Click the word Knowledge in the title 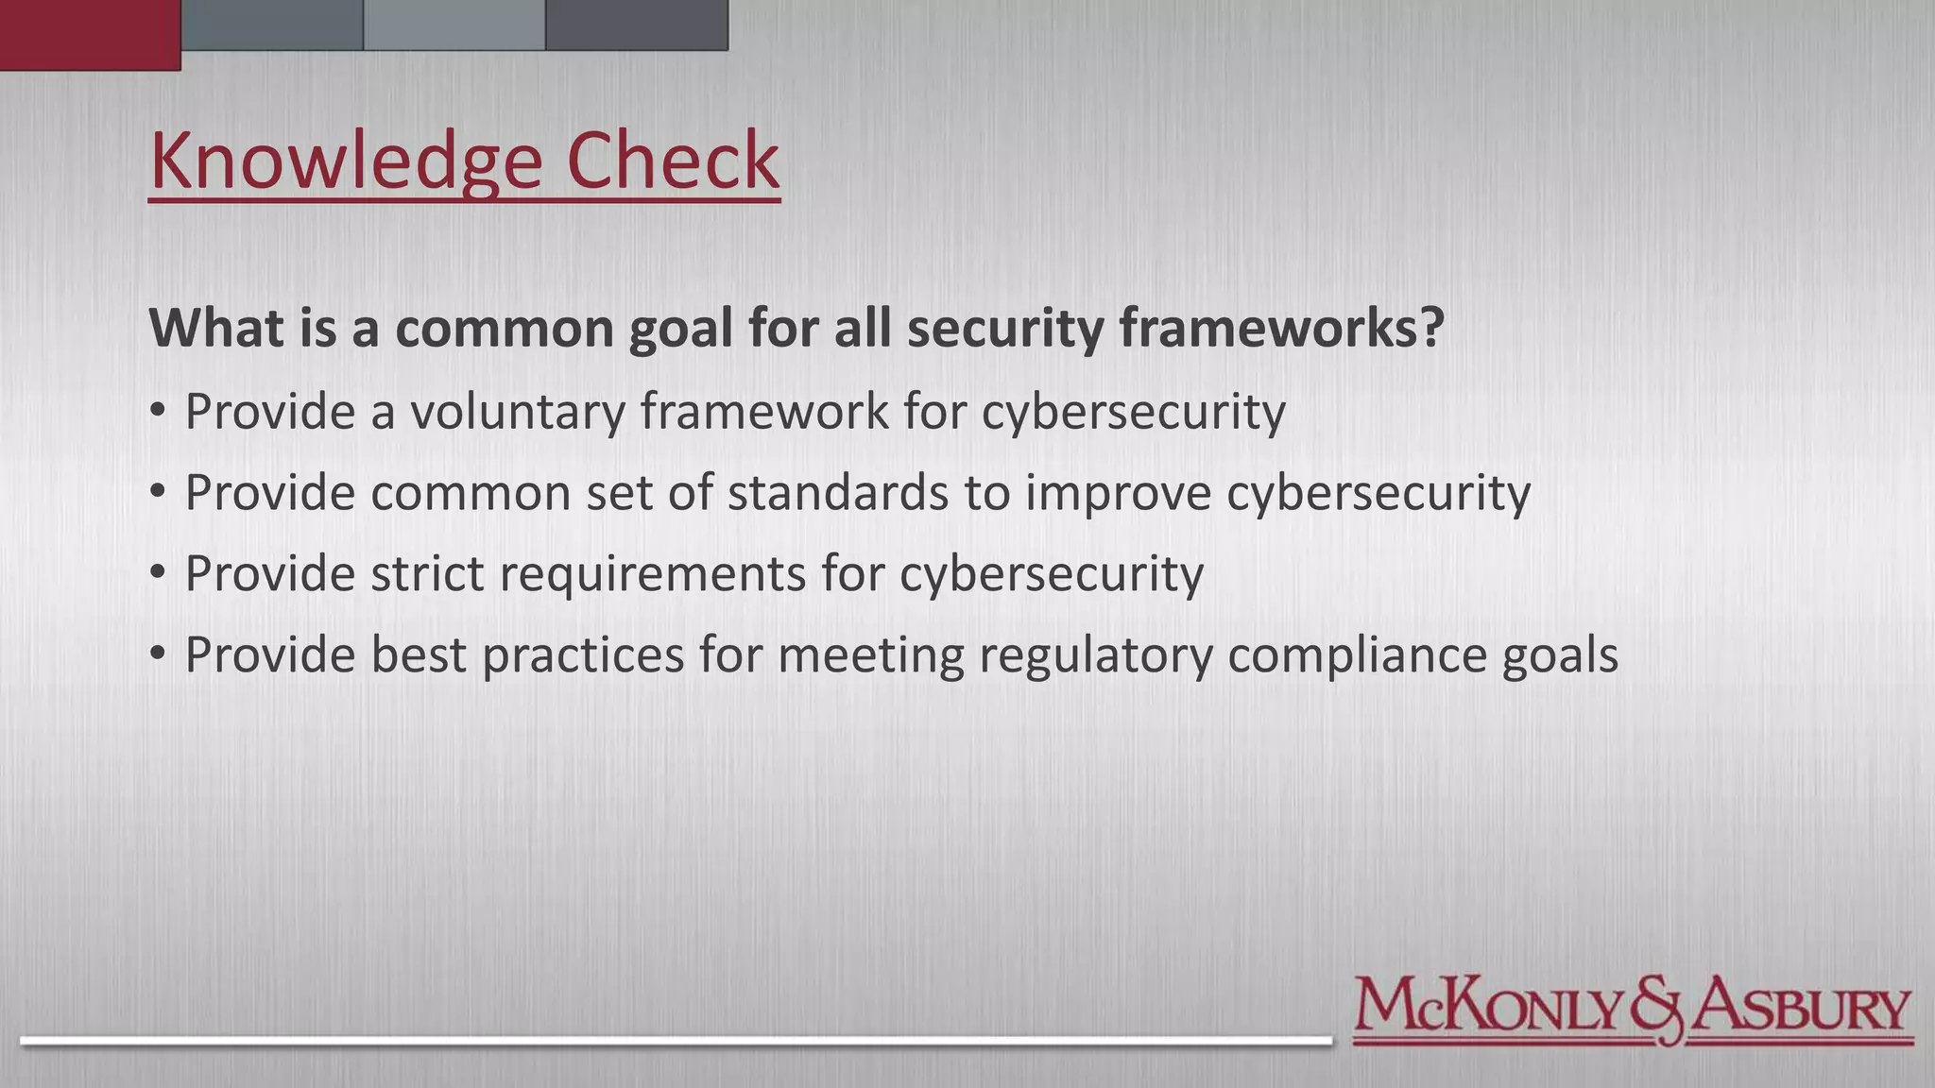coord(346,161)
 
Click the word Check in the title coord(673,160)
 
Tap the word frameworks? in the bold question coord(1281,328)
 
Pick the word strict coord(427,573)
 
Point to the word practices coord(582,654)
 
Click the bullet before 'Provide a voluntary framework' coord(158,412)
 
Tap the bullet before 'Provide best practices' coord(158,654)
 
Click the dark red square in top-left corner coord(90,35)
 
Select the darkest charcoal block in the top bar coord(636,25)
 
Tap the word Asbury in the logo coord(1800,1008)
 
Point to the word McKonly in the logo coord(1488,1008)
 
